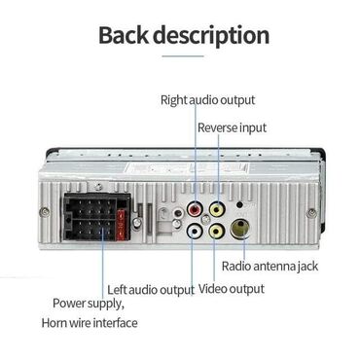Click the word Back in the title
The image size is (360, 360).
tap(129, 35)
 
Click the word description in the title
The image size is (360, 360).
tap(215, 36)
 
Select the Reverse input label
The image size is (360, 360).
tap(232, 127)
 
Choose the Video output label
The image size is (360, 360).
tap(232, 289)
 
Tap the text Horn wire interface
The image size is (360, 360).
tap(90, 322)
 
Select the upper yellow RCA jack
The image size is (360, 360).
tap(216, 208)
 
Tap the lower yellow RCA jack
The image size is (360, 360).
tap(216, 232)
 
